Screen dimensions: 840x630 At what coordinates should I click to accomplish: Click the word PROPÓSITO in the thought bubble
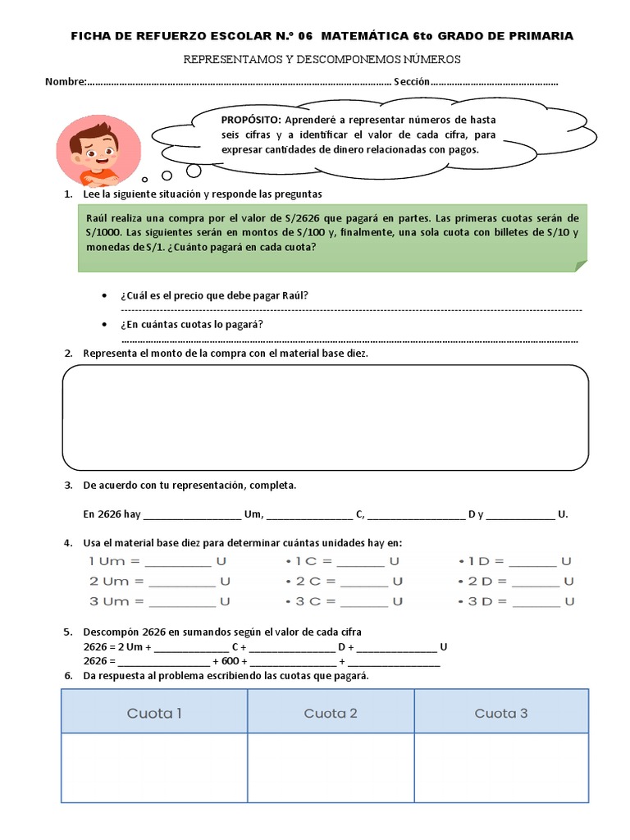pyautogui.click(x=251, y=120)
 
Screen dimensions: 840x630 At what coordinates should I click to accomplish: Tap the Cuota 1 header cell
pyautogui.click(x=154, y=713)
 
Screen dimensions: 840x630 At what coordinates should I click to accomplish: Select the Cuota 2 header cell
pyautogui.click(x=331, y=713)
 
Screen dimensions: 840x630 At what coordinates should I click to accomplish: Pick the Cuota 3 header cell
pyautogui.click(x=501, y=713)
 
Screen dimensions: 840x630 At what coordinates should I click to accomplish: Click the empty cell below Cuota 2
pyautogui.click(x=331, y=767)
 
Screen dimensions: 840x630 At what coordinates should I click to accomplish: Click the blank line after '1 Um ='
pyautogui.click(x=178, y=563)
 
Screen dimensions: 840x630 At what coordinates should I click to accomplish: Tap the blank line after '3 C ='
pyautogui.click(x=361, y=602)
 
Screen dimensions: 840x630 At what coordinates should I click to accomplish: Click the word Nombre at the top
pyautogui.click(x=65, y=82)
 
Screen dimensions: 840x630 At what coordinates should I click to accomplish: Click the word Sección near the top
pyautogui.click(x=412, y=82)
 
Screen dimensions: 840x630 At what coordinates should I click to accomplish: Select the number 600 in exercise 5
pyautogui.click(x=230, y=660)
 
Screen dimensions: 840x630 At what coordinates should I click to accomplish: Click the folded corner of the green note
pyautogui.click(x=581, y=265)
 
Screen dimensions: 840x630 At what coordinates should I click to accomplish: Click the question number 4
pyautogui.click(x=67, y=543)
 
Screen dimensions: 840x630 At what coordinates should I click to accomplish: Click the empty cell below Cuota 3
pyautogui.click(x=501, y=767)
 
